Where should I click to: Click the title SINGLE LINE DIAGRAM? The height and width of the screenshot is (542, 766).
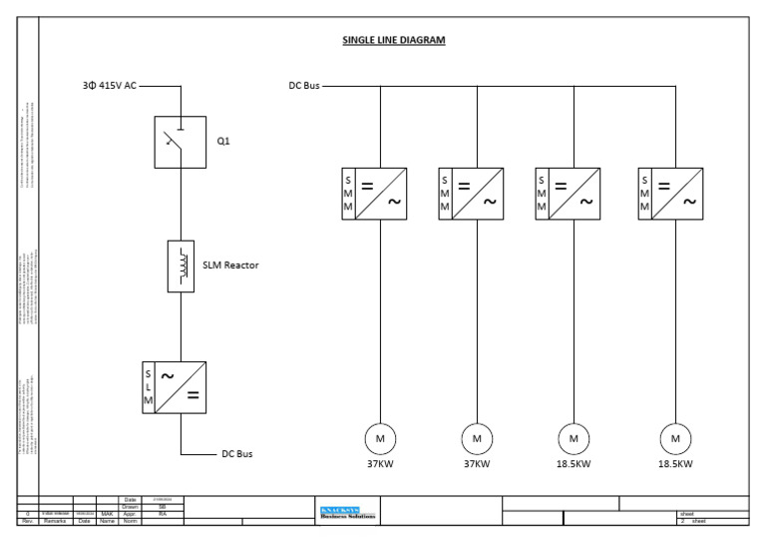tap(394, 41)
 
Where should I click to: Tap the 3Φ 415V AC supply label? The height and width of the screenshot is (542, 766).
tap(110, 86)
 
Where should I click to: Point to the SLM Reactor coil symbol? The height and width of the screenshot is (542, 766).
tap(182, 266)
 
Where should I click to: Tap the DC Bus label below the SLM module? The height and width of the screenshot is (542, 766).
tap(237, 453)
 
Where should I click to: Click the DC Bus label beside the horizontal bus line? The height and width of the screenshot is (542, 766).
tap(297, 86)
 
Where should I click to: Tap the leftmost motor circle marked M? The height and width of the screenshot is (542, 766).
tap(380, 438)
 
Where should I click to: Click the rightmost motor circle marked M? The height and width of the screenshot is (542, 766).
tap(677, 438)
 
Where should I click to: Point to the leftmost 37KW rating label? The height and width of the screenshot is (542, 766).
tap(380, 463)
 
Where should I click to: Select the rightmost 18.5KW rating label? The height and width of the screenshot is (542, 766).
tap(677, 463)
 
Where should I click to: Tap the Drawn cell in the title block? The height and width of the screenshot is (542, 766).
tap(128, 505)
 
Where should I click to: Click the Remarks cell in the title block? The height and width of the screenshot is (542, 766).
tap(54, 520)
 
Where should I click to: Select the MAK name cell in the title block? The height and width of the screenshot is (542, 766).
tap(107, 513)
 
